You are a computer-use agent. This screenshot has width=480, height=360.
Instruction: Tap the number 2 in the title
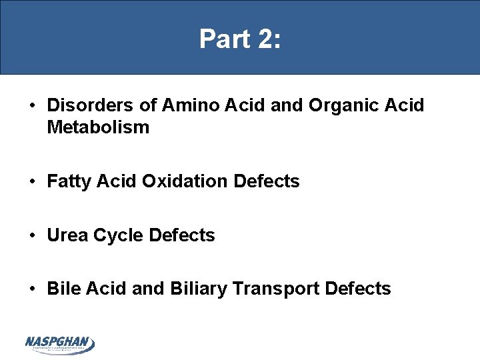click(264, 39)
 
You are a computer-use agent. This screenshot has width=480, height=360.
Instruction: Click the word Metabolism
click(98, 127)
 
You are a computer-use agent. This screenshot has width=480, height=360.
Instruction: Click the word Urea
click(67, 235)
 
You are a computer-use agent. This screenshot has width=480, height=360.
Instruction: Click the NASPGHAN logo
click(60, 344)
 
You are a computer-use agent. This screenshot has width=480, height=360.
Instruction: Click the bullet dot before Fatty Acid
click(32, 181)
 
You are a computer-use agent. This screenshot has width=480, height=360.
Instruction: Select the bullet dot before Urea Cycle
click(32, 235)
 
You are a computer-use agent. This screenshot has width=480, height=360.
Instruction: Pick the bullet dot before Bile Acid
click(32, 289)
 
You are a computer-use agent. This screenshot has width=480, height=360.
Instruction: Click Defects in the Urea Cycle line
click(181, 235)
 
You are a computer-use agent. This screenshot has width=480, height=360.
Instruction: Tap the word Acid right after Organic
click(402, 106)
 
